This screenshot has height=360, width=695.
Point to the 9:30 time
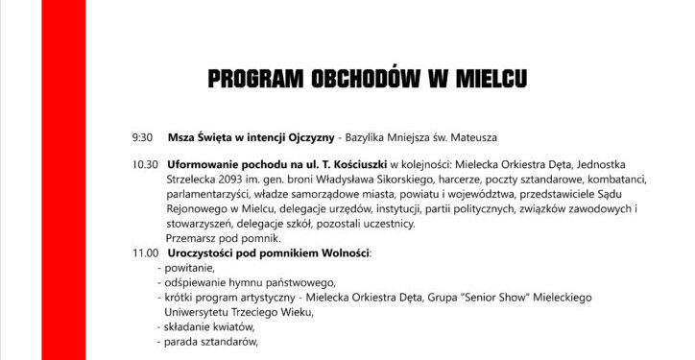coord(143,137)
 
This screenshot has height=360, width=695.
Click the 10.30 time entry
coord(146,164)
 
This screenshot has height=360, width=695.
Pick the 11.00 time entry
coord(146,253)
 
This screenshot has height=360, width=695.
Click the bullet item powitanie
coord(189,268)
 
